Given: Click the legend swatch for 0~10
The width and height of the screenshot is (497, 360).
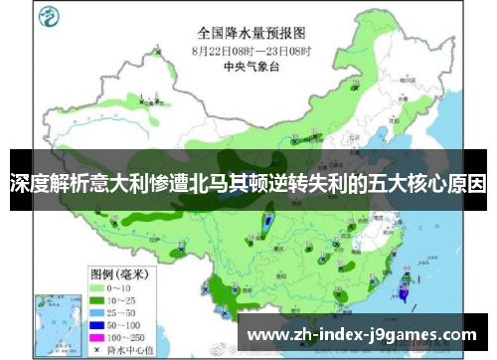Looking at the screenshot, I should [98, 259].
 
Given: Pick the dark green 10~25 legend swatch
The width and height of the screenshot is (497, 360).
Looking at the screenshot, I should [98, 270].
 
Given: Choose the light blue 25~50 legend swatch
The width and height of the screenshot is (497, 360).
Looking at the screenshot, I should [98, 283].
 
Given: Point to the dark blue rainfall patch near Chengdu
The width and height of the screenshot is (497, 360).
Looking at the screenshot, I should [267, 223].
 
